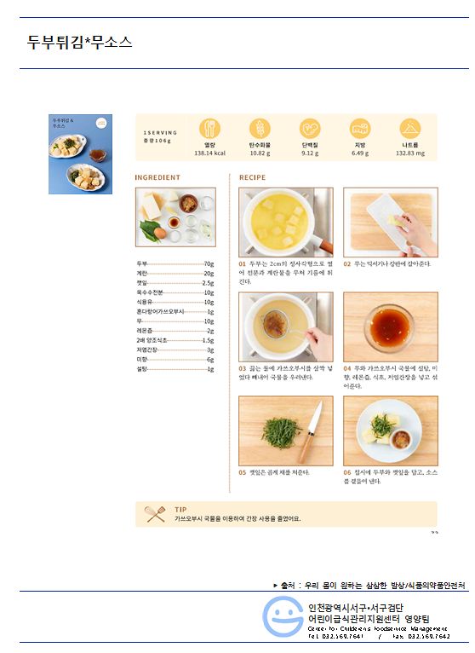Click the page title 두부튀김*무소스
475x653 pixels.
(79, 42)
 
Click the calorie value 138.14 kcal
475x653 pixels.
(209, 153)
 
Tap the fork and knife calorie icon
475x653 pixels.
(209, 129)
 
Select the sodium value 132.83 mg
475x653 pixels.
(410, 153)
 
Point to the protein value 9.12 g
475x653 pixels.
(310, 153)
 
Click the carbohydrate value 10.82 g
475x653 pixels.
(260, 153)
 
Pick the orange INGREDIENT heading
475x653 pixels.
(157, 178)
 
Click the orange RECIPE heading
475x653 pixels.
(252, 178)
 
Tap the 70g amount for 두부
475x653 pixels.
(209, 264)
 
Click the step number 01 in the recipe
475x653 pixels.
(243, 264)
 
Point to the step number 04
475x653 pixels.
(347, 367)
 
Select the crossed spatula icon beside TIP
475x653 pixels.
(155, 513)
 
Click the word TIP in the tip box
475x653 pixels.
(180, 509)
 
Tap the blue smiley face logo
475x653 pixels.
(282, 615)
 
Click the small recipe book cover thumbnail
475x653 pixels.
(80, 154)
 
